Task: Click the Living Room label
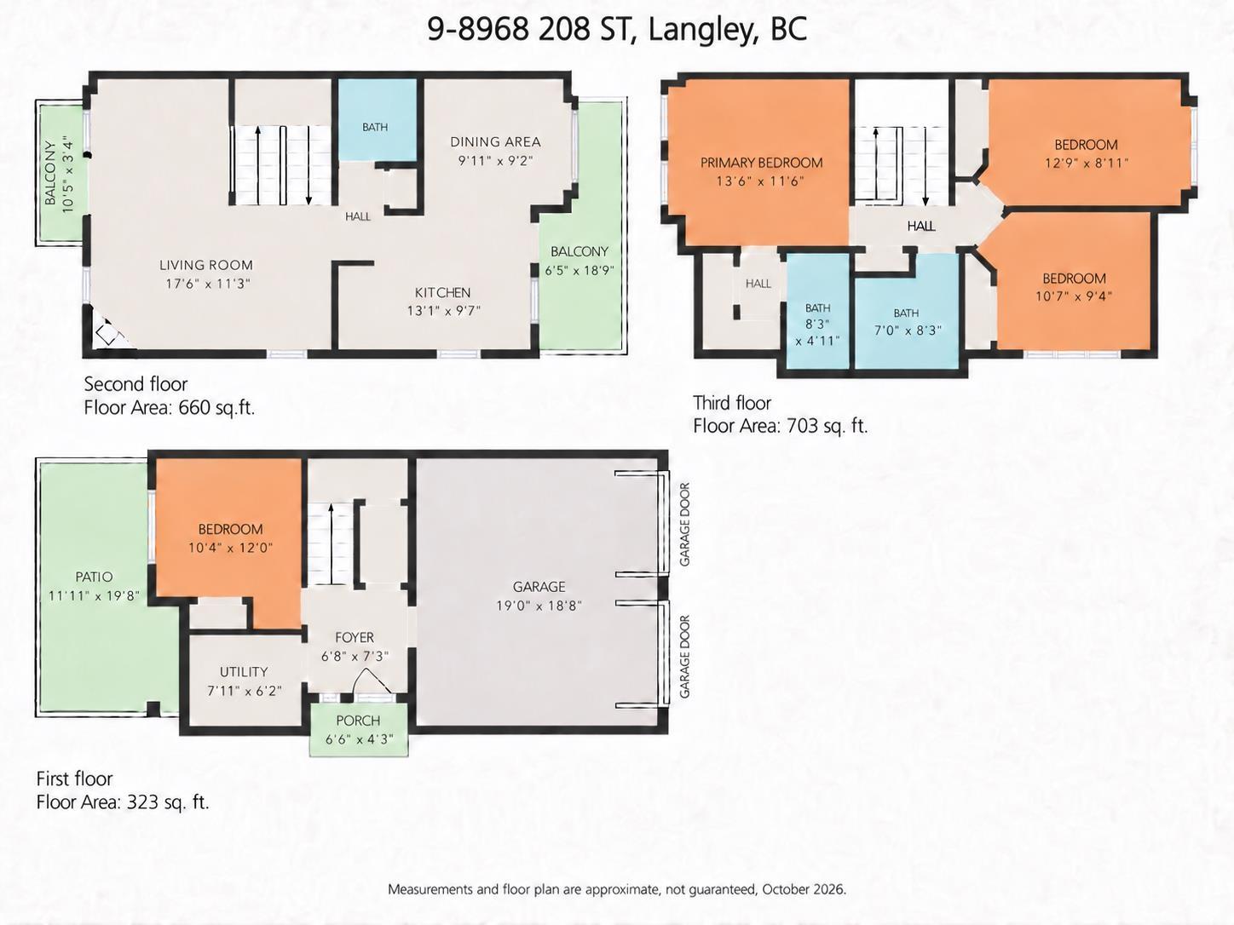click(205, 265)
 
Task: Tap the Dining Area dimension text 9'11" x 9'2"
click(495, 161)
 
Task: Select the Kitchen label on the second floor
click(442, 293)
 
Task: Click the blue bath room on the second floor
click(378, 119)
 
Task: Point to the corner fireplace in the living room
click(110, 332)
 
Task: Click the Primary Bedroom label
click(761, 163)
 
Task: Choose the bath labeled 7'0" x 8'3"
click(906, 312)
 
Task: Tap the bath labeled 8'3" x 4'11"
click(817, 311)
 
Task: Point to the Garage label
click(539, 587)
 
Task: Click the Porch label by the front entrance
click(358, 721)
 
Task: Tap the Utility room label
click(244, 672)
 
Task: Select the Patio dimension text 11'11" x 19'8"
click(94, 595)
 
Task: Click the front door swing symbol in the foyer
click(372, 681)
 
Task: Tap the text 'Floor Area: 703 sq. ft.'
click(781, 426)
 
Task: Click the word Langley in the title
click(701, 29)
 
